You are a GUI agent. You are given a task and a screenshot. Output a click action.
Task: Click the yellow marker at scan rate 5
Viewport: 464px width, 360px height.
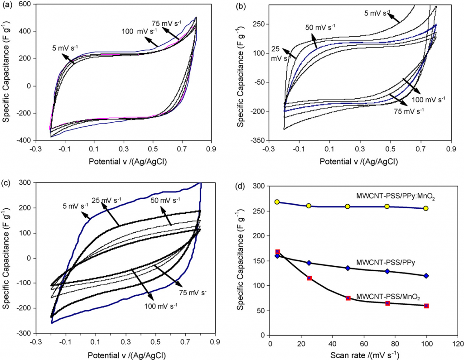(x=277, y=202)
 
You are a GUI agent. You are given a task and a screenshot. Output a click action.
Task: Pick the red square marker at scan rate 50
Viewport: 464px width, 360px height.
(x=348, y=298)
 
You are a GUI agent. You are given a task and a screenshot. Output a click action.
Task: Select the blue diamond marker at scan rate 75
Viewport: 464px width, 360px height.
(x=387, y=271)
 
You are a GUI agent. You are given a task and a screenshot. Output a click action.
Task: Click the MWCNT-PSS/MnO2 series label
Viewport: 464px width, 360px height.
(x=388, y=297)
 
